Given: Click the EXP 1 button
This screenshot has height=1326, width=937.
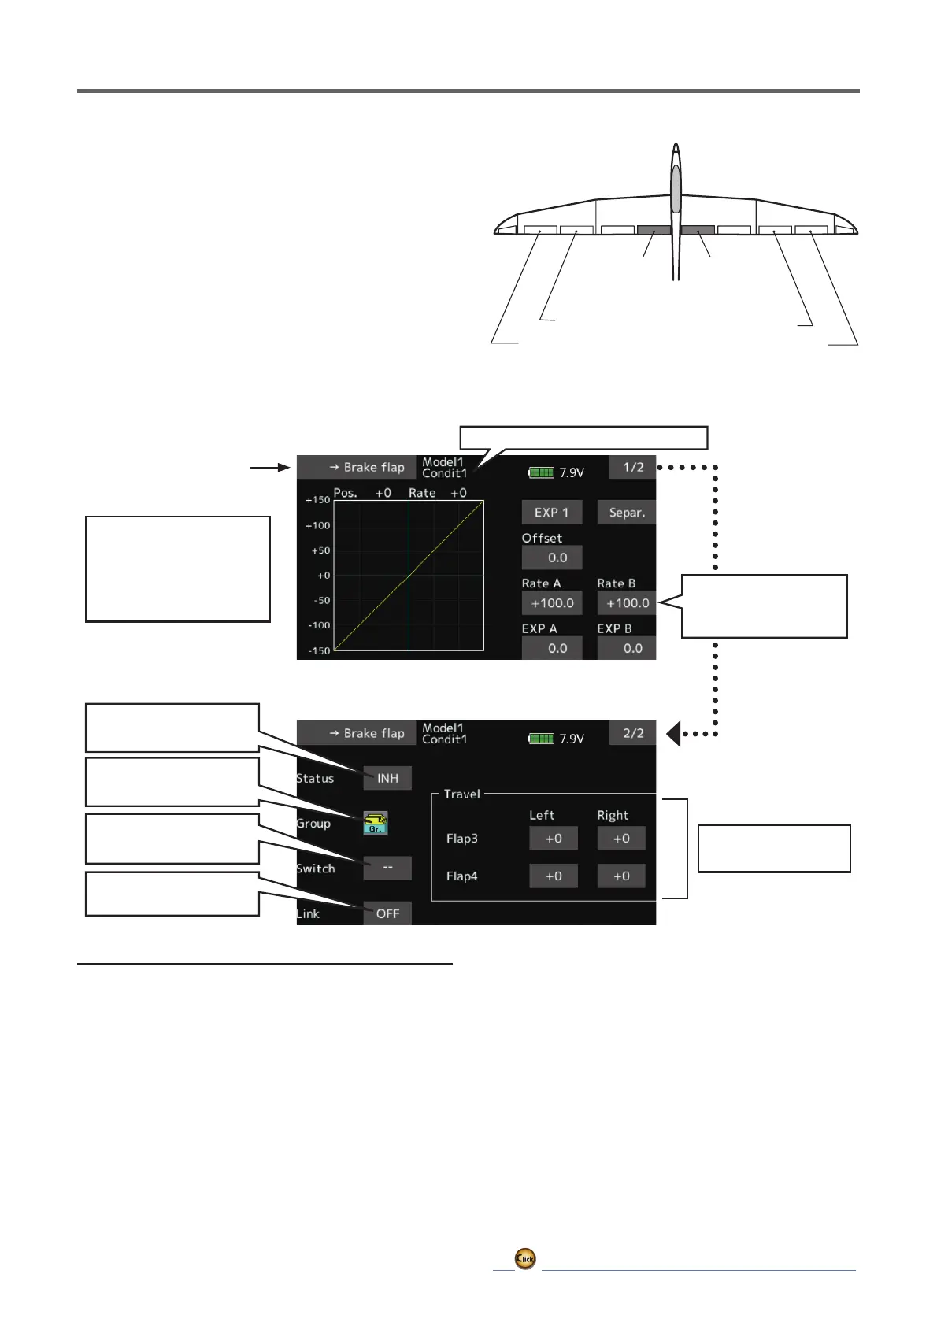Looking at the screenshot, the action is point(551,513).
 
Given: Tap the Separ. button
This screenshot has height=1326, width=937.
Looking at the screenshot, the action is point(626,513).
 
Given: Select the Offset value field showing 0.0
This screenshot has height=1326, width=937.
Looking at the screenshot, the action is point(551,557).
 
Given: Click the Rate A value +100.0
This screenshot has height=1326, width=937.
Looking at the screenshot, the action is point(551,603).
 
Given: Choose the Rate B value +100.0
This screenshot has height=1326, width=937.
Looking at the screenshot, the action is point(627,603).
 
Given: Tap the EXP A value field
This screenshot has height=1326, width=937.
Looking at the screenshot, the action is point(551,648).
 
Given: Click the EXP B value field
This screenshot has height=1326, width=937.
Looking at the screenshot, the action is point(627,648).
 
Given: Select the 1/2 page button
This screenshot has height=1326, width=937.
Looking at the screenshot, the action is point(632,468).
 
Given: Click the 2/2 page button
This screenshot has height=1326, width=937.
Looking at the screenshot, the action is point(632,733).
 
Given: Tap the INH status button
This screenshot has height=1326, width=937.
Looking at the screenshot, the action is point(387,778).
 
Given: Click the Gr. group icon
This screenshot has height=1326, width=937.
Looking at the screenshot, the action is point(376,823).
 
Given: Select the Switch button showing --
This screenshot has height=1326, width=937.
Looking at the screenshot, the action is point(387,868).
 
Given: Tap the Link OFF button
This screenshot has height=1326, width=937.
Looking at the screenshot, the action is point(387,913).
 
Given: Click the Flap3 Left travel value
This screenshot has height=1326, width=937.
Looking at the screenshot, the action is point(554,839).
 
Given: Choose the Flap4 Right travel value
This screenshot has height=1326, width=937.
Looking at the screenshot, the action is point(621,876).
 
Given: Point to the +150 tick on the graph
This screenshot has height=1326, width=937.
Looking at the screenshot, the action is point(318,500).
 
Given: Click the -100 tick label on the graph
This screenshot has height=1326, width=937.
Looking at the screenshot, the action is point(318,625).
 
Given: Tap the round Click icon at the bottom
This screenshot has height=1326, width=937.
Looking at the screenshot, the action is point(525,1258).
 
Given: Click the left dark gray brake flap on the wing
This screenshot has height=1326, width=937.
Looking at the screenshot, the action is point(654,231).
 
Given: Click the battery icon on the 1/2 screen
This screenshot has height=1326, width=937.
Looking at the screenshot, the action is point(542,472).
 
